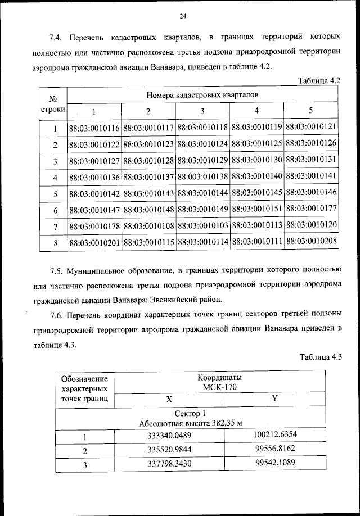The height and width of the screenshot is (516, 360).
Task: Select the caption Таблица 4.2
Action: [x=319, y=80]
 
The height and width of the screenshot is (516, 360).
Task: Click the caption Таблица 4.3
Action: [x=321, y=357]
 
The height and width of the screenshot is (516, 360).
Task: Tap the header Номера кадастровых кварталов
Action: [x=203, y=94]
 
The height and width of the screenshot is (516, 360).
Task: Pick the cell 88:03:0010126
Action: [x=311, y=143]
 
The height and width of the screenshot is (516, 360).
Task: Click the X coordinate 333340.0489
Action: [x=169, y=436]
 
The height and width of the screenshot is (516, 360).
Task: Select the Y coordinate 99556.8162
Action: [x=275, y=450]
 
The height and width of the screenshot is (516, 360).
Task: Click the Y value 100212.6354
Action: [x=275, y=436]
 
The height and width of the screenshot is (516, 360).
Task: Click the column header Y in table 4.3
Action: [x=274, y=399]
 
